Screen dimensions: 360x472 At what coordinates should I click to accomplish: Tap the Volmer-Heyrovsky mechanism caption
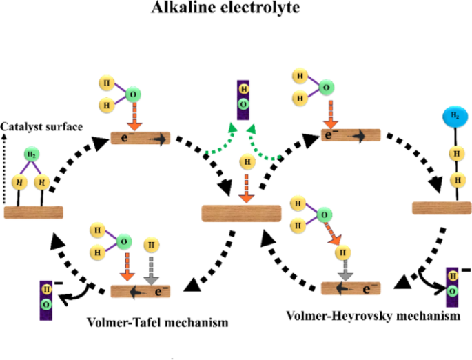click(372, 315)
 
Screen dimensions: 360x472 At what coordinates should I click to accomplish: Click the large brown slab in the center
click(240, 213)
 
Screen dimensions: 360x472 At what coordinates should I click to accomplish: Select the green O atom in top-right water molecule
click(327, 87)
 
